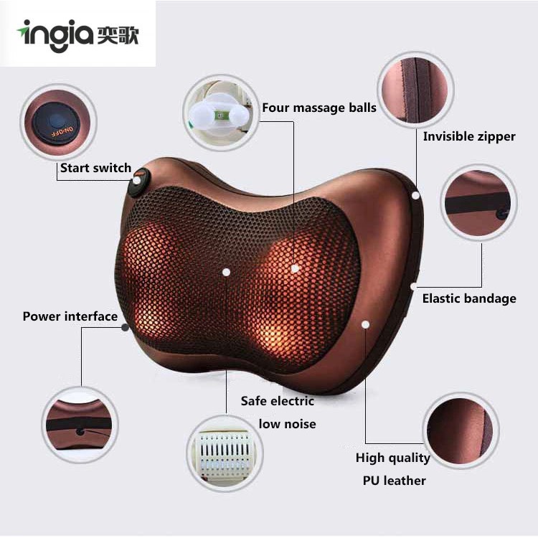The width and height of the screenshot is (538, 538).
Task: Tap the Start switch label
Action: pyautogui.click(x=95, y=168)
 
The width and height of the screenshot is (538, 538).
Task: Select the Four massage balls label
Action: pyautogui.click(x=318, y=108)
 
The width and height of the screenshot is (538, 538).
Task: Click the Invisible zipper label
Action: pyautogui.click(x=468, y=136)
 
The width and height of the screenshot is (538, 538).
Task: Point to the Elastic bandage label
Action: pyautogui.click(x=468, y=298)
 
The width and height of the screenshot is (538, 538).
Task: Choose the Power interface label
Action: pyautogui.click(x=70, y=316)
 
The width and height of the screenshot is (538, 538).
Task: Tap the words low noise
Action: pyautogui.click(x=287, y=424)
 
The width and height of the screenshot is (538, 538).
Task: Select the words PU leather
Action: pyautogui.click(x=394, y=480)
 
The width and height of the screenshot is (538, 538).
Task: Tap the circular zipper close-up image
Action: pyautogui.click(x=416, y=88)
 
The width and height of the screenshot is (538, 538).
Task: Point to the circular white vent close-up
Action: pyautogui.click(x=225, y=451)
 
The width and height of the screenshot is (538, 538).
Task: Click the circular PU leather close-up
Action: pyautogui.click(x=461, y=430)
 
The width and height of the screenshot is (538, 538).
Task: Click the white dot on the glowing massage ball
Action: pyautogui.click(x=295, y=268)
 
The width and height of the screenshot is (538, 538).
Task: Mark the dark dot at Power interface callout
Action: pyautogui.click(x=126, y=327)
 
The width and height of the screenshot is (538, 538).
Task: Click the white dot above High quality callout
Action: pyautogui.click(x=365, y=325)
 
